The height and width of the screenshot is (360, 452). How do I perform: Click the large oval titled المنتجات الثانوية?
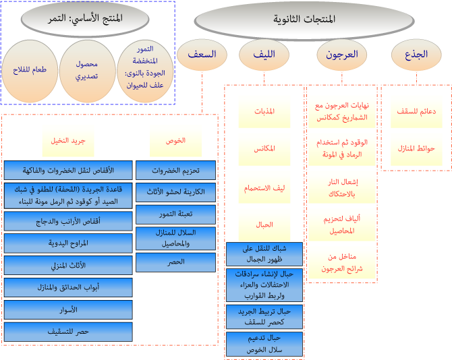[x=304, y=20]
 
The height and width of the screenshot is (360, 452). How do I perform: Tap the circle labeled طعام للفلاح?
[x=27, y=69]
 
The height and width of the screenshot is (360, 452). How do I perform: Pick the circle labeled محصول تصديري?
[x=86, y=69]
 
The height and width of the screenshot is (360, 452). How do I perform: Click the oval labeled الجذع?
[x=417, y=55]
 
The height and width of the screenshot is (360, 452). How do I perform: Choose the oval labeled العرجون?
[x=342, y=55]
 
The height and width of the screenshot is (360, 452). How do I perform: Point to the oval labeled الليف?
[x=265, y=55]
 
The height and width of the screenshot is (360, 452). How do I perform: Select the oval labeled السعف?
[x=202, y=55]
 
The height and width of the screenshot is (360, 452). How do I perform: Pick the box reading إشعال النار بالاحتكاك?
[x=333, y=188]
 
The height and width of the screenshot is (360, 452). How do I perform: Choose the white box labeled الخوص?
[x=175, y=142]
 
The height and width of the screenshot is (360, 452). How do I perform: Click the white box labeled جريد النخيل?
[x=68, y=142]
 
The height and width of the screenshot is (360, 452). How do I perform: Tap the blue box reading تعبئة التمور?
[x=175, y=215]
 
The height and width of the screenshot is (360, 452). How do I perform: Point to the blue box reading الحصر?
[x=175, y=262]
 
